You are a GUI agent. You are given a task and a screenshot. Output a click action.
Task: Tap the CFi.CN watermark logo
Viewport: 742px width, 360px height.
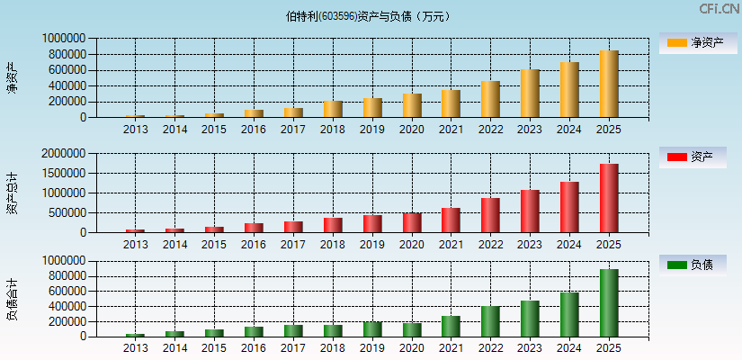tap(719, 9)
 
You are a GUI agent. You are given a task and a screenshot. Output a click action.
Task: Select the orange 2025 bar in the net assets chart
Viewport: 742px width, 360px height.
tap(609, 84)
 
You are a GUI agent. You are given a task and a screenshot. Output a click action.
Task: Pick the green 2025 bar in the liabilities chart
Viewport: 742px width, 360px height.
tap(609, 302)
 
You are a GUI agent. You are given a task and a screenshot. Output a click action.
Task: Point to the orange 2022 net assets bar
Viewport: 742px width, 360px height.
tap(490, 99)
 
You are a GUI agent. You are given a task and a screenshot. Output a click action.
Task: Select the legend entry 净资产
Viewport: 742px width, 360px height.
tap(693, 42)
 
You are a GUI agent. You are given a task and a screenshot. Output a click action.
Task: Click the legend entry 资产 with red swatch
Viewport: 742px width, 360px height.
tap(693, 157)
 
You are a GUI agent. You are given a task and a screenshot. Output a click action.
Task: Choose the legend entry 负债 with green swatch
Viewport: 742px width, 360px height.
tap(693, 265)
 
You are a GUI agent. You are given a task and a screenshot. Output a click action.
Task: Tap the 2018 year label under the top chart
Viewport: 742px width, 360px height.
tap(333, 130)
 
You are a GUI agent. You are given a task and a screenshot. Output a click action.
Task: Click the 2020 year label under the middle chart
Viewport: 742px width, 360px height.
tap(412, 245)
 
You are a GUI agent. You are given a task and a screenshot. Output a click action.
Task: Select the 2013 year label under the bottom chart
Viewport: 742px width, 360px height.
tap(135, 348)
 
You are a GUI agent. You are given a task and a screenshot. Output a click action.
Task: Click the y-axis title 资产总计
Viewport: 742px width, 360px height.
tap(12, 193)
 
